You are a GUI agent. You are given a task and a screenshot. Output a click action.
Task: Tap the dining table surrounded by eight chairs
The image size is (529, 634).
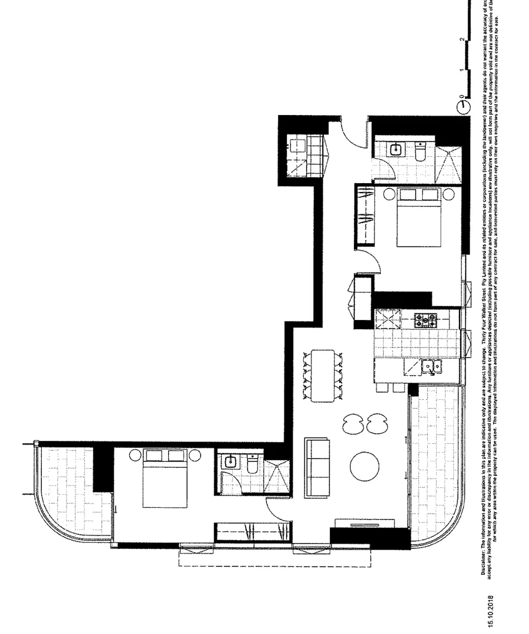click(x=322, y=376)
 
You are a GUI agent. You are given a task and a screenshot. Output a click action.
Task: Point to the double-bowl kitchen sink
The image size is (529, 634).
click(x=431, y=367)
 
